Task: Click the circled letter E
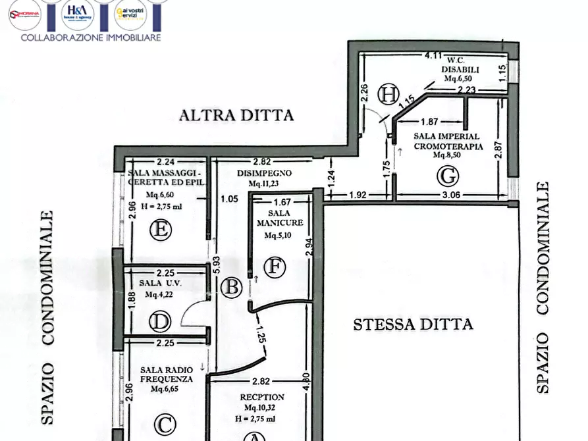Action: [160, 230]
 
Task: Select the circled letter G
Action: [447, 176]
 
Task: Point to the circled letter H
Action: [388, 95]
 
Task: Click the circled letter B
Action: [231, 287]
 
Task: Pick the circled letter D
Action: [160, 322]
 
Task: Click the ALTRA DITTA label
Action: [236, 116]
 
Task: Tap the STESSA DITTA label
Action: [413, 324]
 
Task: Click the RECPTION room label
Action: [262, 397]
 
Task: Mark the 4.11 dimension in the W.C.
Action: [433, 56]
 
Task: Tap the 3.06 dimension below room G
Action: [451, 195]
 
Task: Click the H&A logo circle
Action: [78, 14]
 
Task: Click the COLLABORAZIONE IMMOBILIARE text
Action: [91, 38]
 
